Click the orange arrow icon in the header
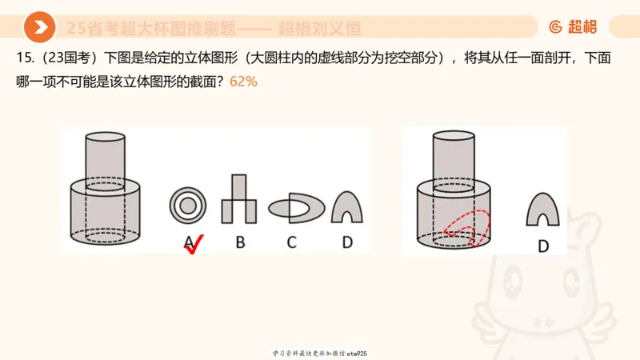39,27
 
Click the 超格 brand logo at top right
573,27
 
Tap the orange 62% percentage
243,82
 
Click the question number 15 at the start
22,58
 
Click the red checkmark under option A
194,244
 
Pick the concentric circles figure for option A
189,206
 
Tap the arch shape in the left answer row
346,207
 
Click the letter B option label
240,242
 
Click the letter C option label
292,242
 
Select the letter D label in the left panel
347,242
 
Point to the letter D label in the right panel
543,246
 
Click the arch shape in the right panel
543,210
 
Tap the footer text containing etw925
320,353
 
